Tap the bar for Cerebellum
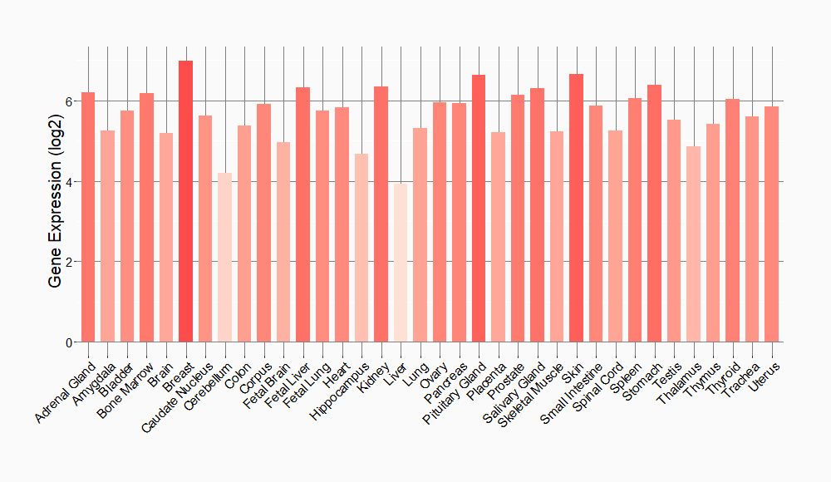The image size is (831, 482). tap(224, 258)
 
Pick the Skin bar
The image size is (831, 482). tap(576, 208)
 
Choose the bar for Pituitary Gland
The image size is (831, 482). tap(479, 209)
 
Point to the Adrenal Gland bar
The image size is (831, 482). tap(88, 217)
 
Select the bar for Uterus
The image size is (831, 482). tap(772, 224)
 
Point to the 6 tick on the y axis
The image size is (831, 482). tap(73, 101)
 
